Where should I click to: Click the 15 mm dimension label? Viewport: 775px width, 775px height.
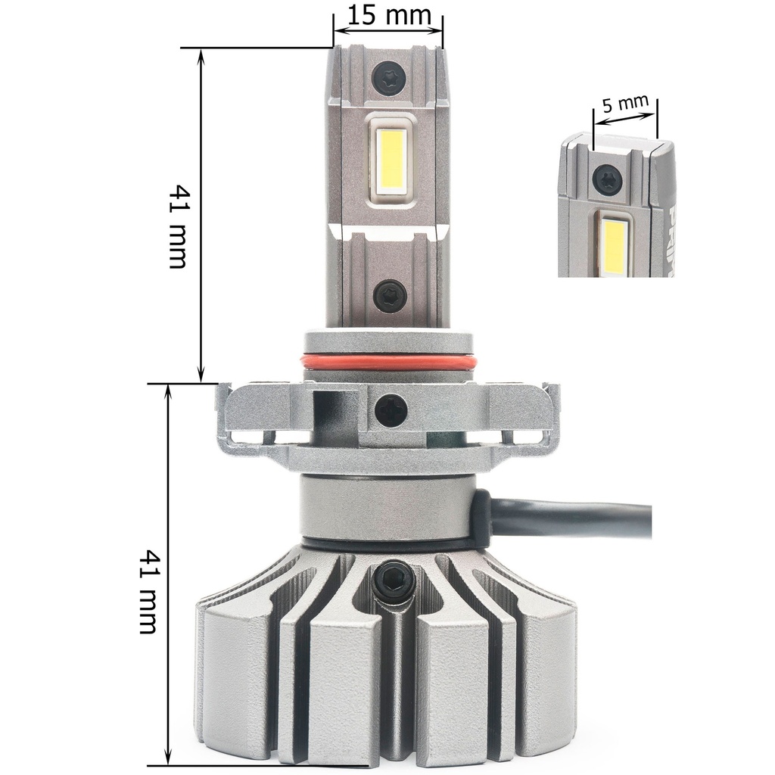390,15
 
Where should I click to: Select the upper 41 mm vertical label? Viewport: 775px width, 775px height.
177,227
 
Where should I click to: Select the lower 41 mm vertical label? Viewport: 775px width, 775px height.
148,592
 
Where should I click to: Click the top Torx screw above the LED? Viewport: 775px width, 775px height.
390,76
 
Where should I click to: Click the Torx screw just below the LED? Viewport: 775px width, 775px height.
390,297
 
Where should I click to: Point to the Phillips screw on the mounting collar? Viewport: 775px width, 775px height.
391,410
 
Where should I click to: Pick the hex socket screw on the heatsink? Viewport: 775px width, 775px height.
391,579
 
